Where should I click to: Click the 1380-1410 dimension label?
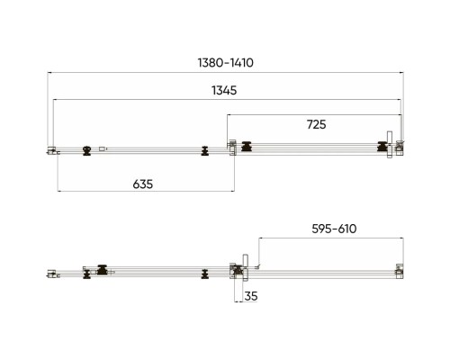pos(226,63)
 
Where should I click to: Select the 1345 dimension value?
pos(224,90)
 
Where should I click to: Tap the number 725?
pos(316,124)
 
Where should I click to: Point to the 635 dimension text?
pos(143,184)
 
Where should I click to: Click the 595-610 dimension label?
pos(334,229)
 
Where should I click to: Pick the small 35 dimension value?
pos(251,296)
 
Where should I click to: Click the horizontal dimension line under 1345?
pos(227,100)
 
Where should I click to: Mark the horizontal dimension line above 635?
pos(146,191)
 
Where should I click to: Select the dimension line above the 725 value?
pos(314,114)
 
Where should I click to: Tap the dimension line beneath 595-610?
pos(331,238)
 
